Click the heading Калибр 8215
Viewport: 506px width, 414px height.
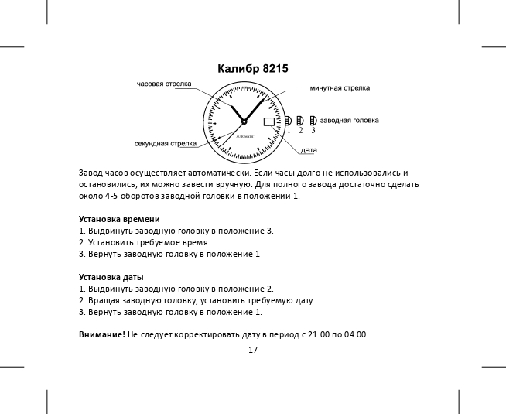tap(253, 69)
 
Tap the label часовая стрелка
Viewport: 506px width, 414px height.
tap(164, 84)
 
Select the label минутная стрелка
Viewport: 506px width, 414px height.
tap(340, 88)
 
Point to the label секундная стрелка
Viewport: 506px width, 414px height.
tap(164, 143)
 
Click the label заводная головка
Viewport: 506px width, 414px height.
tap(349, 121)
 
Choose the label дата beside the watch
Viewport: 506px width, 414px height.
tap(309, 149)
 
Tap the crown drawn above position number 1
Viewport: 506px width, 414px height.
tap(288, 121)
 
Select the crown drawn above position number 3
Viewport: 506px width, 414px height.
tap(313, 121)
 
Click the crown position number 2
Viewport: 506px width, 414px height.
tap(300, 130)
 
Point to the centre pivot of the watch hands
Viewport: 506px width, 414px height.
tap(244, 121)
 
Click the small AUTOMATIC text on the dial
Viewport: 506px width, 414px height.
tap(244, 136)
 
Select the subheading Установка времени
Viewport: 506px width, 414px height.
tap(119, 219)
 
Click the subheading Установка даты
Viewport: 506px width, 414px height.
tap(111, 277)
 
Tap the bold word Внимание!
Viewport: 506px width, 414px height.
tap(102, 334)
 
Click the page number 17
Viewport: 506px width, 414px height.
tap(253, 350)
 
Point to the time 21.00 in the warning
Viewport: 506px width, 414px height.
tap(320, 334)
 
